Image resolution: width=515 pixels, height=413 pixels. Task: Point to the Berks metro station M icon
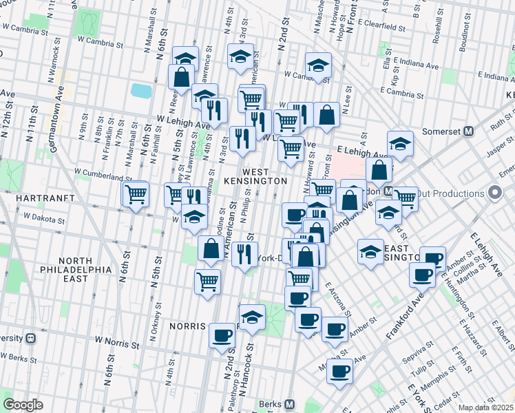pos(290,404)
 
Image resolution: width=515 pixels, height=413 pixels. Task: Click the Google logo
pos(23,405)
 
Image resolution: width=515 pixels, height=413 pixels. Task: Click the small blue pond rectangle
pos(141,90)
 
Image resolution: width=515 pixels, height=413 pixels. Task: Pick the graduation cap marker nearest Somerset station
pos(399,145)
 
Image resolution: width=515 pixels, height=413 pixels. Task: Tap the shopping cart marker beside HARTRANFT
pos(135,195)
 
